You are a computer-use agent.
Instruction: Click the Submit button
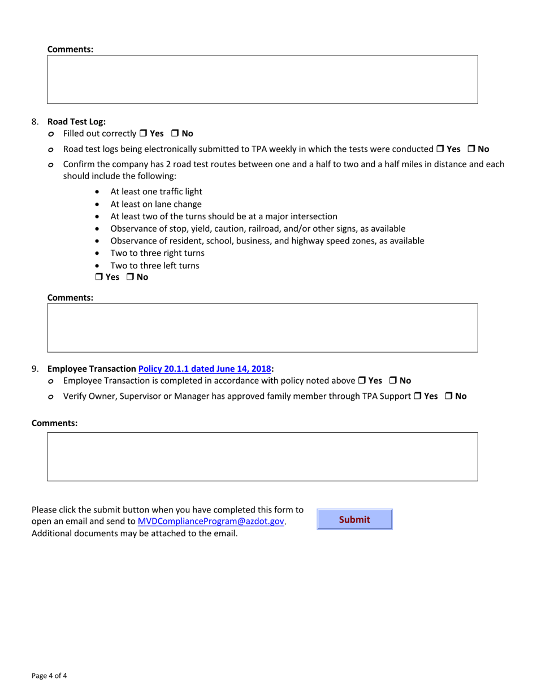354,519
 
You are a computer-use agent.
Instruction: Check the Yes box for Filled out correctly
144,134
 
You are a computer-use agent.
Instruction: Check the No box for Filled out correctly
175,134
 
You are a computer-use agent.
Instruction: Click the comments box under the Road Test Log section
262,328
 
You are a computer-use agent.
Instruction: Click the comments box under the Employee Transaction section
262,457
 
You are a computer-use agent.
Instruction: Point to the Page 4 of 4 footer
50,675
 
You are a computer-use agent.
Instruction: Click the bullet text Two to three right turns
157,253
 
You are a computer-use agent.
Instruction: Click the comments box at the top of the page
262,79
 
